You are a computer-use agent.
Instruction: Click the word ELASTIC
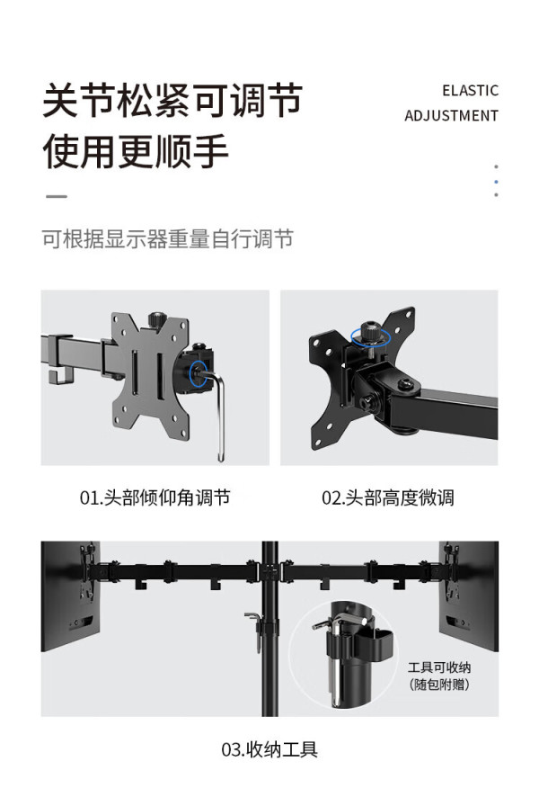pyautogui.click(x=470, y=91)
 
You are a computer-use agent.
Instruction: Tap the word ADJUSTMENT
pyautogui.click(x=451, y=116)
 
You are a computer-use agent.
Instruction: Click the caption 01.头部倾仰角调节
pyautogui.click(x=155, y=497)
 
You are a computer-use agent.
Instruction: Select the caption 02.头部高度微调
pyautogui.click(x=388, y=497)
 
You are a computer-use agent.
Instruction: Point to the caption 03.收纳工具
pyautogui.click(x=269, y=749)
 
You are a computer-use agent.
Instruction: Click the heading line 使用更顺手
pyautogui.click(x=136, y=151)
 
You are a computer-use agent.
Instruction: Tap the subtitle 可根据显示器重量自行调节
pyautogui.click(x=167, y=239)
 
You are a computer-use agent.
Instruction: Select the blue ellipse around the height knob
pyautogui.click(x=371, y=336)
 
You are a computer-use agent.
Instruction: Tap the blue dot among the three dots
pyautogui.click(x=496, y=182)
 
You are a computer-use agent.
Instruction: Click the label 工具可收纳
pyautogui.click(x=439, y=667)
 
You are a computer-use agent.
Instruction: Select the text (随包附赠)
pyautogui.click(x=439, y=685)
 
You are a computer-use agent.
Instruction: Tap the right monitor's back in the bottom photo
pyautogui.click(x=469, y=596)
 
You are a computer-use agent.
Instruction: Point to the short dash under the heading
pyautogui.click(x=57, y=196)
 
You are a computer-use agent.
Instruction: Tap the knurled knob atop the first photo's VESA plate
pyautogui.click(x=155, y=319)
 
